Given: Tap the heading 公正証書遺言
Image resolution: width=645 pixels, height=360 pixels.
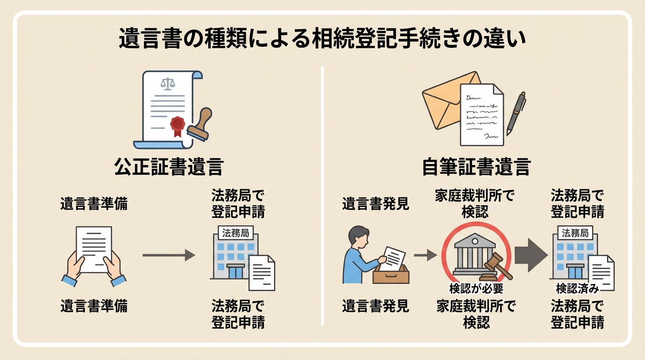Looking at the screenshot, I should [x=169, y=167].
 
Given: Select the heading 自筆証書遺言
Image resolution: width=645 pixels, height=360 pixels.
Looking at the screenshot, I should [x=476, y=167].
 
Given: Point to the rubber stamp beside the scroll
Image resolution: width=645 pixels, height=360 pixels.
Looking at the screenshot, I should [x=201, y=124].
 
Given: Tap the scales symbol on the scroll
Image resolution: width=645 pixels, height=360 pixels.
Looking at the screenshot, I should [x=166, y=84].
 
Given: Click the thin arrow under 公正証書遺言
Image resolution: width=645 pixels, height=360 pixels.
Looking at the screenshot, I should [x=169, y=255].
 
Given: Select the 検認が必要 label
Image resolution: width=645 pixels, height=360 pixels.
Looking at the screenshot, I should [x=476, y=288].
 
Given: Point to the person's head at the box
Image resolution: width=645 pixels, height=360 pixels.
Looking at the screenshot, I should [x=359, y=235].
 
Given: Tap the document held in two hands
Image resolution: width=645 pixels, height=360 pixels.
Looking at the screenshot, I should [x=94, y=248].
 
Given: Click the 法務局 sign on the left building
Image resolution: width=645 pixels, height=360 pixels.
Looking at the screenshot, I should [x=235, y=233].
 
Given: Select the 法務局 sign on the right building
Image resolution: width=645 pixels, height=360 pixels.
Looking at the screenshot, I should [x=575, y=233].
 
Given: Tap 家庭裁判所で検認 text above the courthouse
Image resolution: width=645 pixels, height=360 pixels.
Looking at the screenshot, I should [x=474, y=203].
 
